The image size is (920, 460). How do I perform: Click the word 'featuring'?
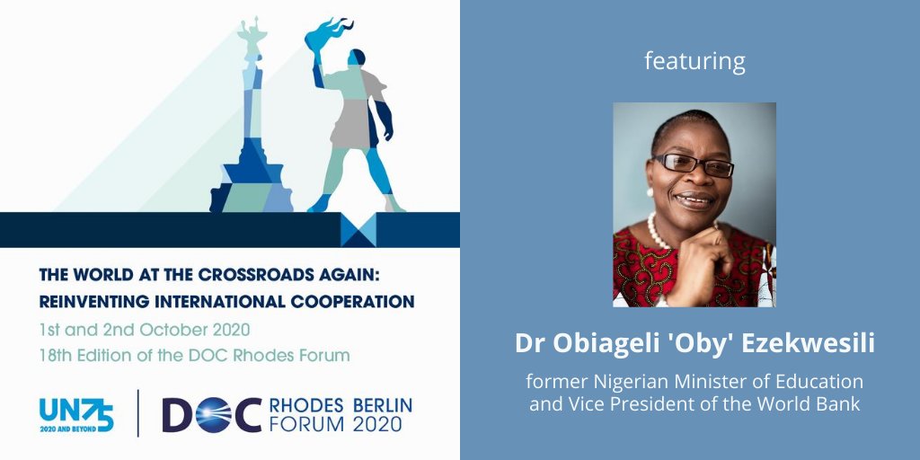pos(695,62)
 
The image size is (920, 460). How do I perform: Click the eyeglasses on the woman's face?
pos(692,164)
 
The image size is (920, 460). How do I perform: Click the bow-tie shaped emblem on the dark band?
pos(358,230)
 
